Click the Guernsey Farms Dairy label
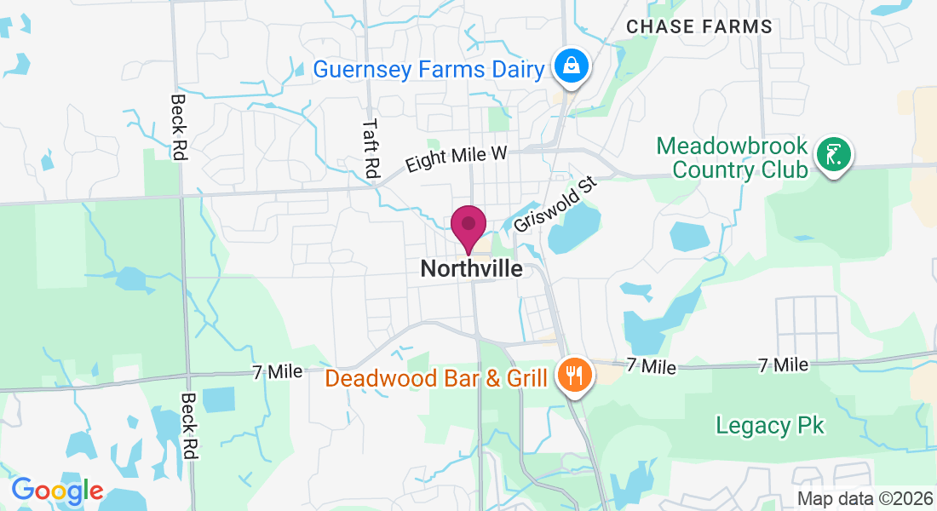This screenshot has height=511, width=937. [428, 69]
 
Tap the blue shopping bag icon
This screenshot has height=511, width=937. [570, 65]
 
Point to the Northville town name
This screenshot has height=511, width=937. [471, 269]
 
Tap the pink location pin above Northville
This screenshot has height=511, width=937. [468, 227]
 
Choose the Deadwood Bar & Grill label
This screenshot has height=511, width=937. [436, 376]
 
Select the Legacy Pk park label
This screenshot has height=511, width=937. [770, 425]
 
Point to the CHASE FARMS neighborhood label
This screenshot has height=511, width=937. [699, 27]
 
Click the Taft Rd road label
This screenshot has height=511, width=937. [370, 147]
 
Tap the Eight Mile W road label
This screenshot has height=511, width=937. [457, 158]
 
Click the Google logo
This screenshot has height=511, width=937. [57, 491]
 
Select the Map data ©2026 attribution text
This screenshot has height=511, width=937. [865, 499]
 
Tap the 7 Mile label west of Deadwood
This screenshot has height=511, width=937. [277, 372]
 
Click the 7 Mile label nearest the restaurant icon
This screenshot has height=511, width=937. [652, 366]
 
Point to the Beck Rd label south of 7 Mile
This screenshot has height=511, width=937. [189, 426]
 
